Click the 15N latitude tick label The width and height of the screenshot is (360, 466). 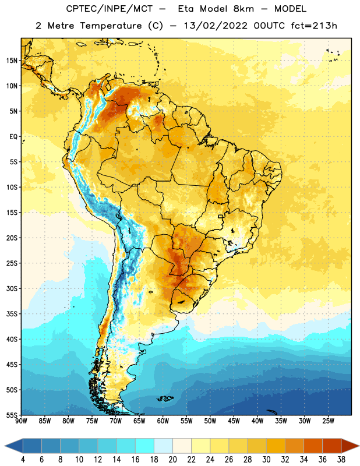12,61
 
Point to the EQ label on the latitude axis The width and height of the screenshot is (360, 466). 13,137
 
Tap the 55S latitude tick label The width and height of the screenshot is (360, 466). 12,415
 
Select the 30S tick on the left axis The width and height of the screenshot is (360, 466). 12,288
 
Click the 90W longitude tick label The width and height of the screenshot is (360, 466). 21,421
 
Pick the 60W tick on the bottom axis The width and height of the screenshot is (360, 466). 163,421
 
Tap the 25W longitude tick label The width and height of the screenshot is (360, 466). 328,421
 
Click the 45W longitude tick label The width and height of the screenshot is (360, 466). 234,421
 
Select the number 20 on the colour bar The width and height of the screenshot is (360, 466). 172,460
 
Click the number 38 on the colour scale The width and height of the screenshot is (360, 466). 341,460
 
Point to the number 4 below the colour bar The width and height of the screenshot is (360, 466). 23,460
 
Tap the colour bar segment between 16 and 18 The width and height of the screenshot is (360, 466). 145,446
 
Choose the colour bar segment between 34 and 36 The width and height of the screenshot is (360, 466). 313,446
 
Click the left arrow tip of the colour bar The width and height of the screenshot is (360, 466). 5,446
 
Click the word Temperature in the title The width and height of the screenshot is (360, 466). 111,26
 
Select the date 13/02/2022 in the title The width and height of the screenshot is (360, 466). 216,26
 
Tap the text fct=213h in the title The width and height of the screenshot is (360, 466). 314,26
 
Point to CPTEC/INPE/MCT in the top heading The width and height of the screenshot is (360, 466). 110,9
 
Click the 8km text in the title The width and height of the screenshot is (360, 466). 243,9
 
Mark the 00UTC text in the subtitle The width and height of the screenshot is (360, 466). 269,26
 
